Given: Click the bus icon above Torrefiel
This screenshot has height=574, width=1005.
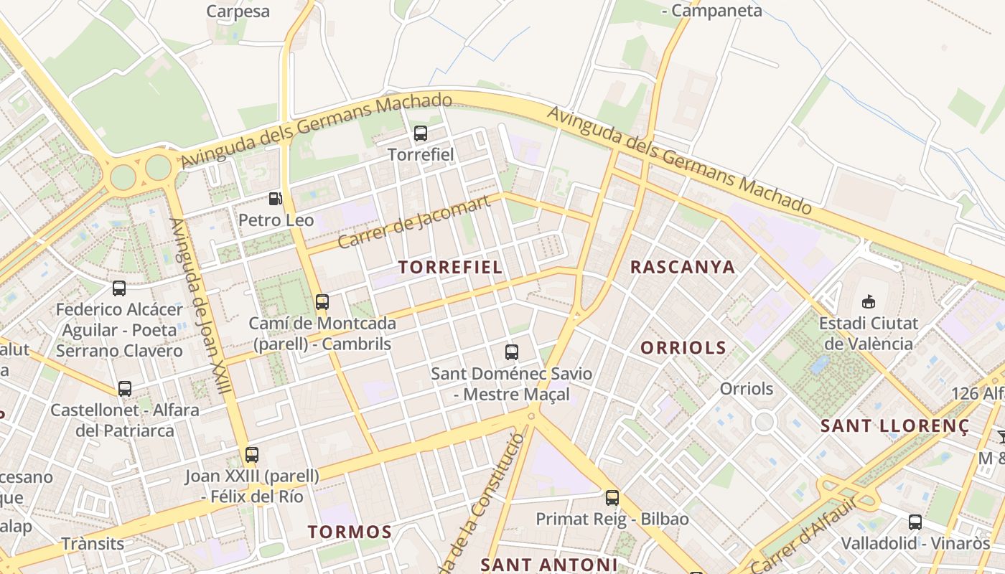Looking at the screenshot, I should pyautogui.click(x=421, y=133).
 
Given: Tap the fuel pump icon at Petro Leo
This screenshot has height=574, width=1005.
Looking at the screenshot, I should pyautogui.click(x=276, y=199).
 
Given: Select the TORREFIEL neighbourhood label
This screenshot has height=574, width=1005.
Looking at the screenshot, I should pyautogui.click(x=450, y=268).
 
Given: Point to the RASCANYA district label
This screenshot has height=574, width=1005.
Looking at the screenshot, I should pyautogui.click(x=683, y=268).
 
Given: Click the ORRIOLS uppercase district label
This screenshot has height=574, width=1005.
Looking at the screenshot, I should pyautogui.click(x=683, y=349).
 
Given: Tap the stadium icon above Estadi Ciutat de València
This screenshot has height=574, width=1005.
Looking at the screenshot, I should pyautogui.click(x=869, y=301).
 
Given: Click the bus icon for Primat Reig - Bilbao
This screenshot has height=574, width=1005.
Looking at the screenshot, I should pyautogui.click(x=612, y=497).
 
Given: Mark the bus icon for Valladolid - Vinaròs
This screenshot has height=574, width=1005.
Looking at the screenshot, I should pyautogui.click(x=915, y=522).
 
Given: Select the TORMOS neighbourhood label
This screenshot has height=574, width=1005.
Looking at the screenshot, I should pyautogui.click(x=350, y=532).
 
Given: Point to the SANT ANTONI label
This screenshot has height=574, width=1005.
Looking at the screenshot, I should pyautogui.click(x=549, y=565).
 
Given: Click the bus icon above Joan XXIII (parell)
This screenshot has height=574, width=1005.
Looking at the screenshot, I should pyautogui.click(x=251, y=454).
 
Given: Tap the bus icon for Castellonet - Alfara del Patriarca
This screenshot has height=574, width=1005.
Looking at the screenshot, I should pyautogui.click(x=125, y=389).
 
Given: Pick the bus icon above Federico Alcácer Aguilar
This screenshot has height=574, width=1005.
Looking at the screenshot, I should pyautogui.click(x=119, y=288).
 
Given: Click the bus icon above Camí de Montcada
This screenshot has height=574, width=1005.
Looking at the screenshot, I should pyautogui.click(x=322, y=302).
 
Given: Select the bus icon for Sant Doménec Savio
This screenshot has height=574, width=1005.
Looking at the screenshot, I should pyautogui.click(x=512, y=352).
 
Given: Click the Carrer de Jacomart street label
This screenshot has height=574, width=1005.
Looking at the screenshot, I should pyautogui.click(x=414, y=221).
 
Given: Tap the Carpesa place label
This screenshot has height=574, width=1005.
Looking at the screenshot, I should pyautogui.click(x=238, y=11).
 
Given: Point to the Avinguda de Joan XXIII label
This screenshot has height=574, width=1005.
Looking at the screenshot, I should pyautogui.click(x=200, y=306).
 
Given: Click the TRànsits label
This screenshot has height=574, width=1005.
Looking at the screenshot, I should pyautogui.click(x=93, y=543).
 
